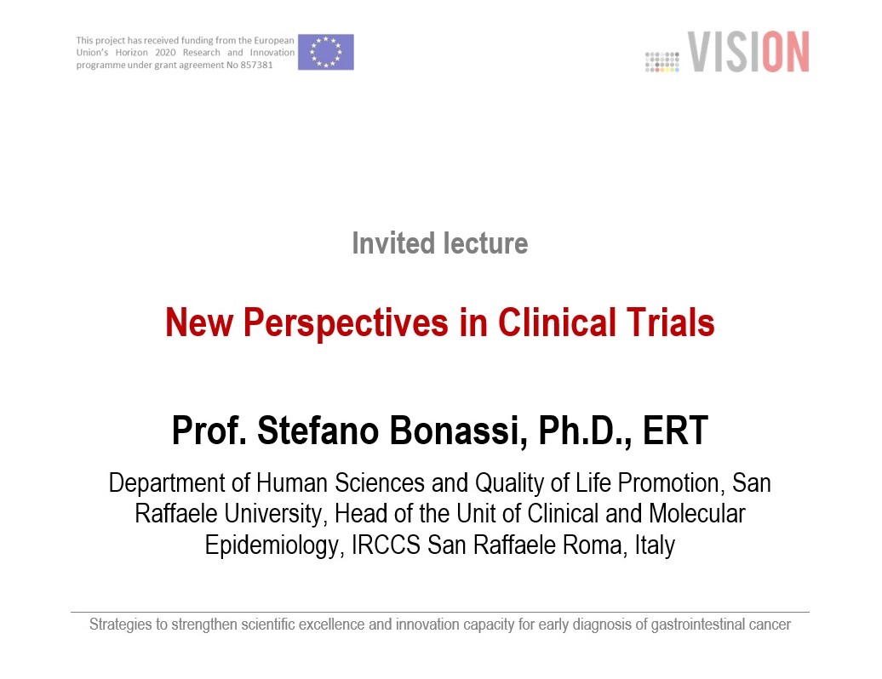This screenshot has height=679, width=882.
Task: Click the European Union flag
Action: click(326, 52)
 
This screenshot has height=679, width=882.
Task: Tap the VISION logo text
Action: click(748, 52)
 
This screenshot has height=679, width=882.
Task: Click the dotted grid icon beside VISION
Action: click(662, 62)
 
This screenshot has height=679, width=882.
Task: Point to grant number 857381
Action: click(257, 66)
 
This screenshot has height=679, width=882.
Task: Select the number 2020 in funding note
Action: click(165, 52)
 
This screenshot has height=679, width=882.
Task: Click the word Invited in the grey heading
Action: click(393, 244)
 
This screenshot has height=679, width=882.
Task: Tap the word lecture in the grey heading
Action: click(486, 244)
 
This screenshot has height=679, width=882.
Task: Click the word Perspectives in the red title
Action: click(346, 324)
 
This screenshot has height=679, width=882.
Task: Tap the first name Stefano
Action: click(318, 431)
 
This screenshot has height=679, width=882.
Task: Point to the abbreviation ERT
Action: click(675, 431)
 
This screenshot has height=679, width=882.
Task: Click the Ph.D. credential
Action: click(585, 431)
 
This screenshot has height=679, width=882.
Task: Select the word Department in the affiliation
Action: click(168, 484)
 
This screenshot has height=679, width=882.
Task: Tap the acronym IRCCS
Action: click(386, 545)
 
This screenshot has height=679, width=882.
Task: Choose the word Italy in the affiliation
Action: click(655, 545)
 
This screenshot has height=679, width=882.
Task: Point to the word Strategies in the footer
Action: click(120, 625)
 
